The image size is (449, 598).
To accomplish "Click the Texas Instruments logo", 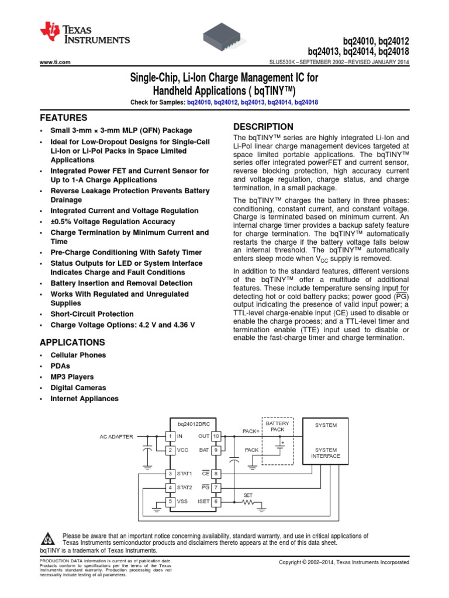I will (84, 34).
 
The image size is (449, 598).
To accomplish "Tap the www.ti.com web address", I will (55, 62).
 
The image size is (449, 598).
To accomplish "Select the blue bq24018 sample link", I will (306, 102).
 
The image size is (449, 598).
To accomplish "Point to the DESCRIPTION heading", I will (263, 127).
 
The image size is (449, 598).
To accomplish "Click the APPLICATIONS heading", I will (72, 342).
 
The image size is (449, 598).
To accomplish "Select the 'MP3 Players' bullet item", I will (72, 377).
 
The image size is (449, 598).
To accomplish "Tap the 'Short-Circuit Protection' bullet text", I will (92, 314).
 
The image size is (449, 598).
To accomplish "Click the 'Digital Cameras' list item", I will (78, 388).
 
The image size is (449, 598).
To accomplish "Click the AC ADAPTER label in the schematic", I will (116, 436).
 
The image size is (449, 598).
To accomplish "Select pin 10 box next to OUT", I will (216, 436).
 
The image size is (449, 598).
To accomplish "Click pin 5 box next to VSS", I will (170, 501).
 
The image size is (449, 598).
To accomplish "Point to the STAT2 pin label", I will (184, 487).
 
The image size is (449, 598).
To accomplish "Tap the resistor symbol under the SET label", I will (248, 501).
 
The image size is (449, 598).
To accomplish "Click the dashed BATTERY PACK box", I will (277, 441).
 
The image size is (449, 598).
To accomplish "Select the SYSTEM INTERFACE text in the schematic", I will (326, 453).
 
